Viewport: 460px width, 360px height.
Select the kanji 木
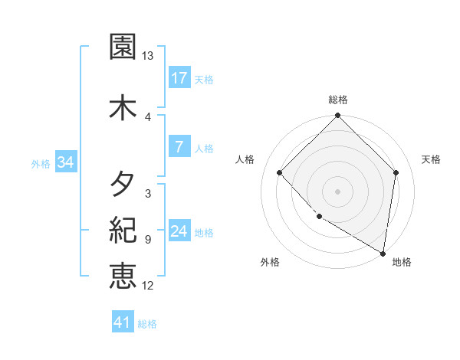(123, 106)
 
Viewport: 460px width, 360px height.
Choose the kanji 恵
(123, 276)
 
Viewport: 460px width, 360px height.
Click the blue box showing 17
(179, 78)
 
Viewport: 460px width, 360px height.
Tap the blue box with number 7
(179, 147)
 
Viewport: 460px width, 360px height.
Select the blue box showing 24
(179, 231)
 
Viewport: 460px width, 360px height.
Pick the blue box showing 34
(65, 162)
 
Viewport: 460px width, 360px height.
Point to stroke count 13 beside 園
(148, 56)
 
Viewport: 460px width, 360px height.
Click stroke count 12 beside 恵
(148, 286)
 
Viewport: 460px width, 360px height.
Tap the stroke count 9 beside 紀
(147, 240)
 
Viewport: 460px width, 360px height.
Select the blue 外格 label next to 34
(41, 163)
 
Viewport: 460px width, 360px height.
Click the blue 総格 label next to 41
(147, 324)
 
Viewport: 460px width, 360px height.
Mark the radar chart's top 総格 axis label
(338, 100)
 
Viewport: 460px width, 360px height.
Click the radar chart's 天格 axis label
(432, 159)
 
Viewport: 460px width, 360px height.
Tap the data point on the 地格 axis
(383, 253)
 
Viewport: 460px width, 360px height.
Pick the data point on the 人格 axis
(280, 173)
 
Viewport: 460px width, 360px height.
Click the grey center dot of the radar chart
(338, 191)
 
